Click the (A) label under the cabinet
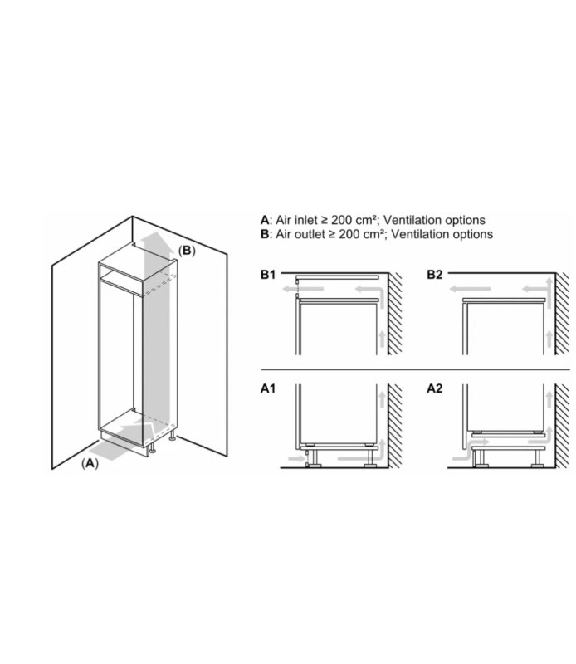[90, 463]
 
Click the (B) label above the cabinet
[187, 251]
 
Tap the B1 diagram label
[268, 275]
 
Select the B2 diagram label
[435, 275]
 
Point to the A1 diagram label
[268, 388]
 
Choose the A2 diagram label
[435, 388]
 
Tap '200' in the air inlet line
[342, 220]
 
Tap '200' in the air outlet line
[349, 234]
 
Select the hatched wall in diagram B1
[396, 314]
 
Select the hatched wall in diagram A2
[563, 426]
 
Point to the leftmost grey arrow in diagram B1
[303, 289]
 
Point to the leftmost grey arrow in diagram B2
[470, 289]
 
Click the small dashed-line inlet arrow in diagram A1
[296, 458]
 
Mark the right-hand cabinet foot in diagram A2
[538, 456]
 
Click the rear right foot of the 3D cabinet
[173, 437]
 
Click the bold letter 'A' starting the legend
[265, 220]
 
